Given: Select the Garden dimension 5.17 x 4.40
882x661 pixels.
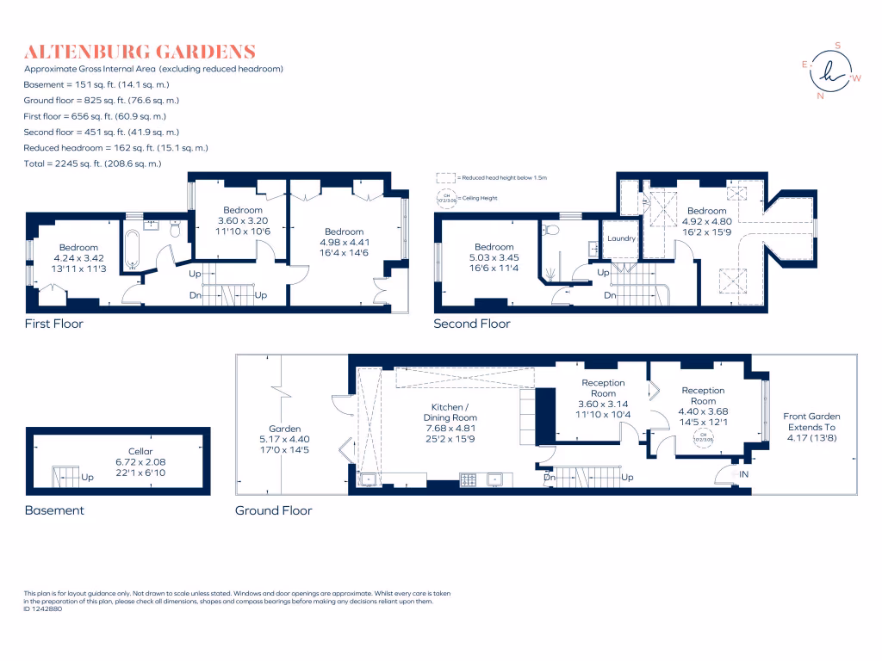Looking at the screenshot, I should click(x=284, y=440).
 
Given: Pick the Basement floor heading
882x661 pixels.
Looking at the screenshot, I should click(x=54, y=510).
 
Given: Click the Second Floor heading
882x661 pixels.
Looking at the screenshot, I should click(x=472, y=324).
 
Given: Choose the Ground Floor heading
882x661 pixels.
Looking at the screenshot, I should click(x=273, y=510).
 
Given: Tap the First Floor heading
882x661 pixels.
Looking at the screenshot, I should click(x=53, y=324).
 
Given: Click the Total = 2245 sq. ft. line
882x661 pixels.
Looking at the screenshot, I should click(x=92, y=164).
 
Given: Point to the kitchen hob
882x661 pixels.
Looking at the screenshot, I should click(x=469, y=479).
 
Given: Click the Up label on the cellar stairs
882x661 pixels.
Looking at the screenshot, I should click(x=87, y=476).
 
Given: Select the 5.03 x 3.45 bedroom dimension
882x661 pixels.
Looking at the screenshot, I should click(x=494, y=258).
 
